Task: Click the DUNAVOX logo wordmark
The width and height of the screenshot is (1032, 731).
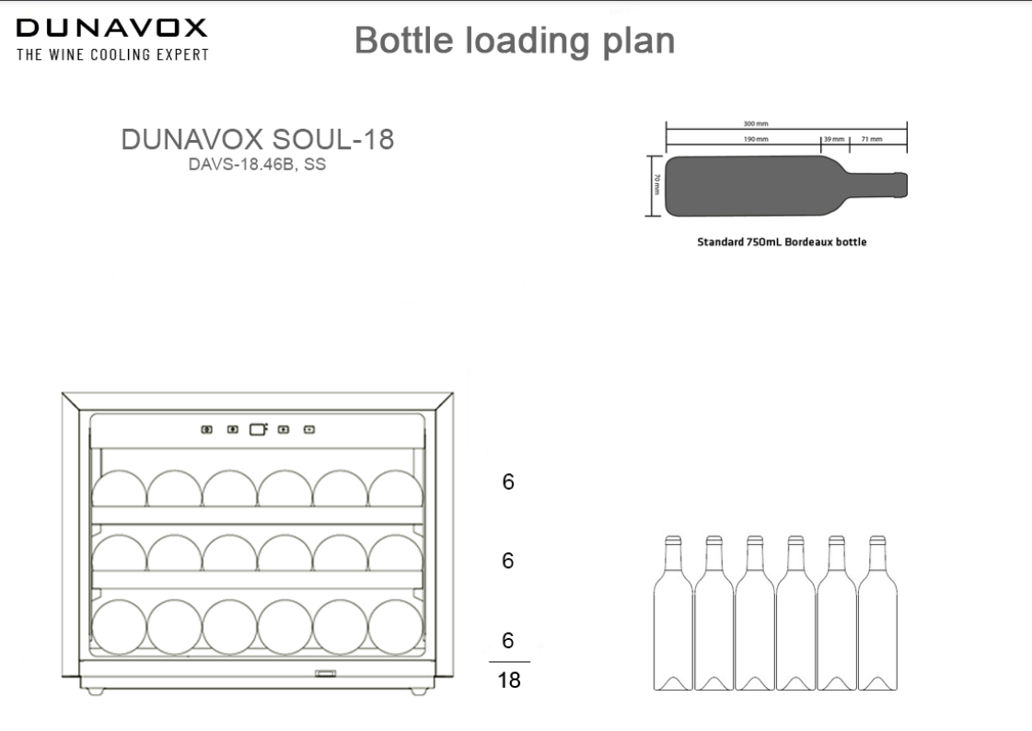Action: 112,28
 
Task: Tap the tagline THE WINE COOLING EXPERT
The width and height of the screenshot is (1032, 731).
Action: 112,54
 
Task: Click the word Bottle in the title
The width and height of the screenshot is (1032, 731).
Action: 404,41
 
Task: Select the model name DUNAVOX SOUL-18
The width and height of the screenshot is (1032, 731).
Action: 258,140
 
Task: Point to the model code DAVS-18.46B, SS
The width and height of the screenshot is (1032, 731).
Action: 258,165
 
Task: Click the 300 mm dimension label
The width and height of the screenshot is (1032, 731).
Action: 756,123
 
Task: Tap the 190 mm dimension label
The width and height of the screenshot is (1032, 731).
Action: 756,140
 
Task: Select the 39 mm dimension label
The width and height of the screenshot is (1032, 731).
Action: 834,140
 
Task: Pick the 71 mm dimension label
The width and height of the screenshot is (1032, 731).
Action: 872,140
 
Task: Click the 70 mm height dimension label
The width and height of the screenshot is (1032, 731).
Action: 656,185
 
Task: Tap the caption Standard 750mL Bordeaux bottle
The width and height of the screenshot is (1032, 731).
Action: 782,242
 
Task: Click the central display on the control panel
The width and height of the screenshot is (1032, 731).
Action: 258,430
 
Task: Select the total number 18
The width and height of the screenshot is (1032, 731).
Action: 509,679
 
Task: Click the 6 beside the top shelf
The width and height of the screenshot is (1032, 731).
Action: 508,482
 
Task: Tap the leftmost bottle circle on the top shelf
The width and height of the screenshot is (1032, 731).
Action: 119,488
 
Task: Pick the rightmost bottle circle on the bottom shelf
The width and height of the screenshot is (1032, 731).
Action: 396,627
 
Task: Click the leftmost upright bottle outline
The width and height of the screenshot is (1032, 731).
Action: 673,613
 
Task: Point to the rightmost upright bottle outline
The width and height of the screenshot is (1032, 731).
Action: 877,613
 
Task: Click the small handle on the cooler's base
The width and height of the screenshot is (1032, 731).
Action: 325,673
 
